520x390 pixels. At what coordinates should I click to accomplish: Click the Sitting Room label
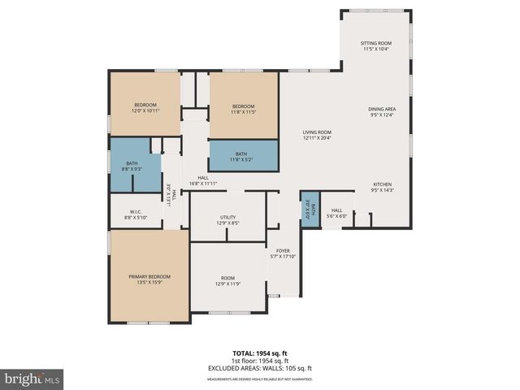[376, 45]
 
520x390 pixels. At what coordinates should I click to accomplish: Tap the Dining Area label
[382, 111]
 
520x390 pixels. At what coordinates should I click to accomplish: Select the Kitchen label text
[382, 187]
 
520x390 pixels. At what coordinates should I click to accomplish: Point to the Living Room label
[318, 135]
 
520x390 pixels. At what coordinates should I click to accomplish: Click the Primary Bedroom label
[149, 279]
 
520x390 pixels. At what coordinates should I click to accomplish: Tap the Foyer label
[283, 253]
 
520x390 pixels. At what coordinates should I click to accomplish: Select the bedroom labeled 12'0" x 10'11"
[145, 107]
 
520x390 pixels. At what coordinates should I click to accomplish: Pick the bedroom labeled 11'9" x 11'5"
[244, 109]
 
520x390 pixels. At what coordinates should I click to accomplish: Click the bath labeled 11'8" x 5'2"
[241, 156]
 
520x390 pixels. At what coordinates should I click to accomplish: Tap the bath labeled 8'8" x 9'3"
[132, 166]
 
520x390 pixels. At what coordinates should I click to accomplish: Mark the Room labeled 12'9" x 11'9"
[227, 280]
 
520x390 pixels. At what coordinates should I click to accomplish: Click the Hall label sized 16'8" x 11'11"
[203, 181]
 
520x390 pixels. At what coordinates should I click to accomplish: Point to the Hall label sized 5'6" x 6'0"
[336, 212]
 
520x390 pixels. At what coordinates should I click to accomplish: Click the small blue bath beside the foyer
[310, 210]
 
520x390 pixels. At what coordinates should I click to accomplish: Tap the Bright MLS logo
[32, 379]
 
